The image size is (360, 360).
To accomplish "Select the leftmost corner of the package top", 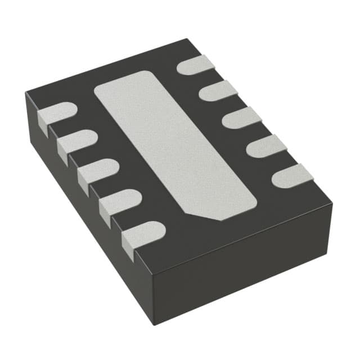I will [25, 93].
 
